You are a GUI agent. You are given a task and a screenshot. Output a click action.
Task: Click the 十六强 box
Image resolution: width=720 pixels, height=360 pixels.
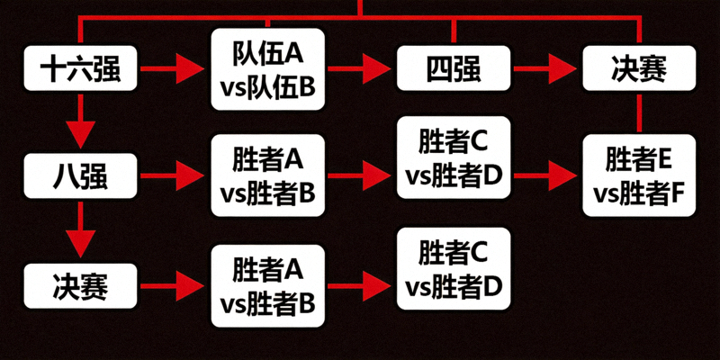[x=80, y=67]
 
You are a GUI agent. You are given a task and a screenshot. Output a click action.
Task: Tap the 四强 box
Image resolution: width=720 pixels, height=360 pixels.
[x=453, y=67]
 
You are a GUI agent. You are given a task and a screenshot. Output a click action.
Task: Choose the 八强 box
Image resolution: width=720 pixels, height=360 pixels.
[x=80, y=175]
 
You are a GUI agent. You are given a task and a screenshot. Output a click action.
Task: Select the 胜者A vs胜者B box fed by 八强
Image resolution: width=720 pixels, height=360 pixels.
[x=267, y=175]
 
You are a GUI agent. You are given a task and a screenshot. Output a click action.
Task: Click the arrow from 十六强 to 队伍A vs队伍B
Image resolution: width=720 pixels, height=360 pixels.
[x=174, y=67]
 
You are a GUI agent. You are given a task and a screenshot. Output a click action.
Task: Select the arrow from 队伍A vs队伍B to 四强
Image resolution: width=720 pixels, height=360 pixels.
[x=361, y=67]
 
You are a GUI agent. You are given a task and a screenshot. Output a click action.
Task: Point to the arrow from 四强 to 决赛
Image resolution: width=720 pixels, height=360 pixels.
[x=545, y=67]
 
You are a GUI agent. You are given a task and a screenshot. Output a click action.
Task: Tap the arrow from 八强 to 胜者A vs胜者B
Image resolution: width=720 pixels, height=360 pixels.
[x=174, y=175]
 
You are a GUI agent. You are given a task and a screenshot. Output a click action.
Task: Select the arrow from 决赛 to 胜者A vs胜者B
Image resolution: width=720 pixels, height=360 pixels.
[x=174, y=286]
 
